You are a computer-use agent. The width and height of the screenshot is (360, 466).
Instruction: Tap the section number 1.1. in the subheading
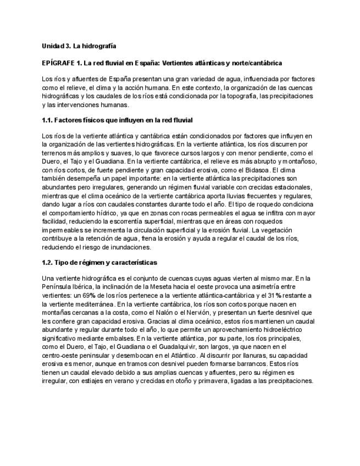click(x=48, y=119)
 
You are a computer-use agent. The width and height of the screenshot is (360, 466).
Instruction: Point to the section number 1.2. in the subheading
click(x=48, y=263)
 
